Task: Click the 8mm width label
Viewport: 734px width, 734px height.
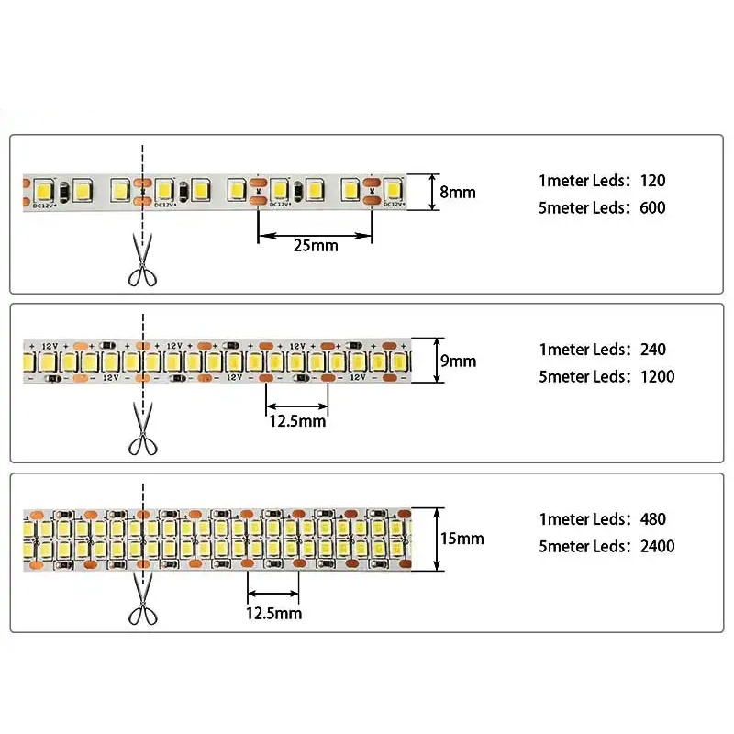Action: [458, 193]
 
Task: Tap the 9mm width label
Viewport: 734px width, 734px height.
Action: [458, 361]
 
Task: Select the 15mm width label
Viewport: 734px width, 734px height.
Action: [462, 539]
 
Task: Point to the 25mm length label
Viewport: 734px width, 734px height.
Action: [315, 246]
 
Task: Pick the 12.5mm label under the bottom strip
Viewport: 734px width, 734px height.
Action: [272, 613]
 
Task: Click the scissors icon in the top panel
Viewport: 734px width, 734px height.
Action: [141, 262]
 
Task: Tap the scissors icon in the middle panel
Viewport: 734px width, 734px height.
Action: [141, 430]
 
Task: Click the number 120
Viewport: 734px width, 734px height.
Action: [653, 180]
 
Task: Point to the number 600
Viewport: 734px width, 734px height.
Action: [652, 207]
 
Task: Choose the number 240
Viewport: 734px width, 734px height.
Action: [653, 349]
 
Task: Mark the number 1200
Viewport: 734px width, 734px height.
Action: [657, 376]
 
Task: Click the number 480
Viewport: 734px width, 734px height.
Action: [653, 519]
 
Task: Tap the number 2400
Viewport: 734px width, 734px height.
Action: [657, 547]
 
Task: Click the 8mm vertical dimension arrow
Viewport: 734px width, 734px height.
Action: [432, 192]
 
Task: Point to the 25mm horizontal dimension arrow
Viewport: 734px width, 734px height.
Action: [315, 236]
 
